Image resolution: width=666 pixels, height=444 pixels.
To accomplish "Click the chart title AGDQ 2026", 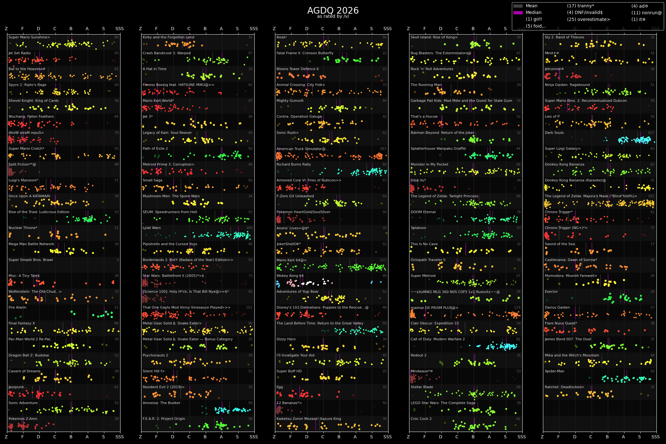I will click(x=333, y=11).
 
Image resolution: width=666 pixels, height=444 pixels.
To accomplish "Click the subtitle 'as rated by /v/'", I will click(x=333, y=16).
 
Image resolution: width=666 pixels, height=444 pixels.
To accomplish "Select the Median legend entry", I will click(x=533, y=13).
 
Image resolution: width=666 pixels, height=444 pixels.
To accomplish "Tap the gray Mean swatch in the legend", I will click(x=518, y=6).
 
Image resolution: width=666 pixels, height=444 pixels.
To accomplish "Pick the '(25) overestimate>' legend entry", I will click(x=588, y=19).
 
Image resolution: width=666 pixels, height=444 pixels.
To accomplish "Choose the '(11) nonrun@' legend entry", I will click(x=646, y=13).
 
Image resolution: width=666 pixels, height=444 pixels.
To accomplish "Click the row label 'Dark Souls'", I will click(x=554, y=133).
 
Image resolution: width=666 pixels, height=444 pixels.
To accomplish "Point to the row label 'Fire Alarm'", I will click(x=17, y=308).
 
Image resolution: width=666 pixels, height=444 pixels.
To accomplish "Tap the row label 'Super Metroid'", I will click(x=423, y=276).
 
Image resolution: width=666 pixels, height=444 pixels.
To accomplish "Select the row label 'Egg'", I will click(x=279, y=387).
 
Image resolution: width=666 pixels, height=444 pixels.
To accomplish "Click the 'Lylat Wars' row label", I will click(x=152, y=228).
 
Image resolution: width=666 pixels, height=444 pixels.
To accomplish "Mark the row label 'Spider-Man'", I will click(x=554, y=371).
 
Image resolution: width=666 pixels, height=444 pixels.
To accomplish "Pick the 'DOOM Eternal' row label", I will click(x=423, y=212).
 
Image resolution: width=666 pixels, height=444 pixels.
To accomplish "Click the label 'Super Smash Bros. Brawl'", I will click(x=31, y=260).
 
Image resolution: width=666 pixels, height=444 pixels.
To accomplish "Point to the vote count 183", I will click(x=383, y=149).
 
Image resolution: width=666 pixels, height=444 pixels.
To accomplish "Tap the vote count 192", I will click(x=651, y=196).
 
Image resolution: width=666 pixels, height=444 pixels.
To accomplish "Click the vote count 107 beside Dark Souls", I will click(x=651, y=133).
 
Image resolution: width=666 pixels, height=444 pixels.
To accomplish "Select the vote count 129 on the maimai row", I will click(x=517, y=308).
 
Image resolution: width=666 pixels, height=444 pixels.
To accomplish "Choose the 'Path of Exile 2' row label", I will click(x=155, y=149).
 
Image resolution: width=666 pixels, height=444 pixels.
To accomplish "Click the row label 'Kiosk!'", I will click(x=282, y=37).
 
